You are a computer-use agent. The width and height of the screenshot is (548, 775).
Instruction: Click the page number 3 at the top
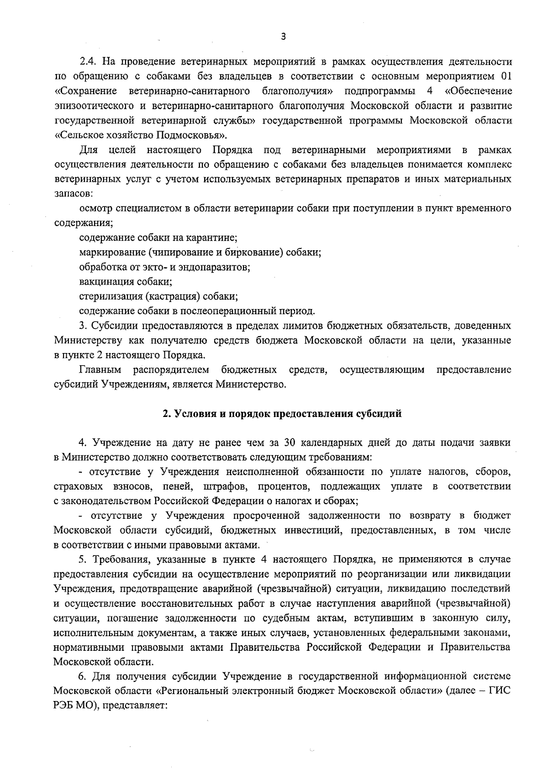point(284,37)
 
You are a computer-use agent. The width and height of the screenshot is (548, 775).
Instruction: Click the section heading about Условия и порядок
point(283,414)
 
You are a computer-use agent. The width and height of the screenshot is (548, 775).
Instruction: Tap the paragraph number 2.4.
point(87,61)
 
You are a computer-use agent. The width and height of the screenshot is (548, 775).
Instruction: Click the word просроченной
point(266,516)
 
